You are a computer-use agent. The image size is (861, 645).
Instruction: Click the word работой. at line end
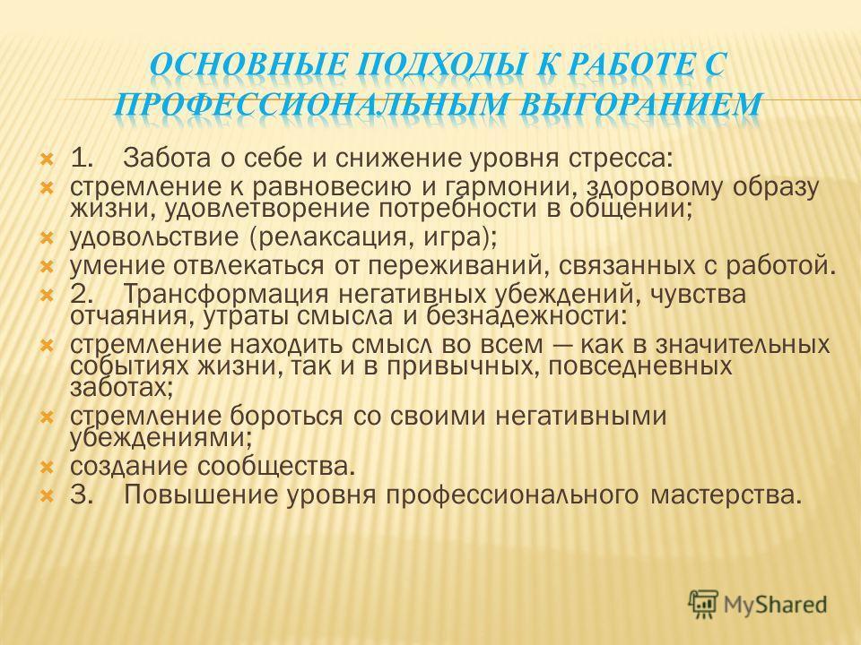(x=781, y=265)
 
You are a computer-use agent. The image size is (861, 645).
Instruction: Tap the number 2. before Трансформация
(x=80, y=294)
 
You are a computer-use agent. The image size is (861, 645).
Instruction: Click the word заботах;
(x=122, y=388)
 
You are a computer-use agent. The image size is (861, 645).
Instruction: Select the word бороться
(x=285, y=416)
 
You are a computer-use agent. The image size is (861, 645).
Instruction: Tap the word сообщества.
(x=274, y=467)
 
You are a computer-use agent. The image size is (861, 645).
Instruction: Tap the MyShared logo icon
(x=703, y=605)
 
